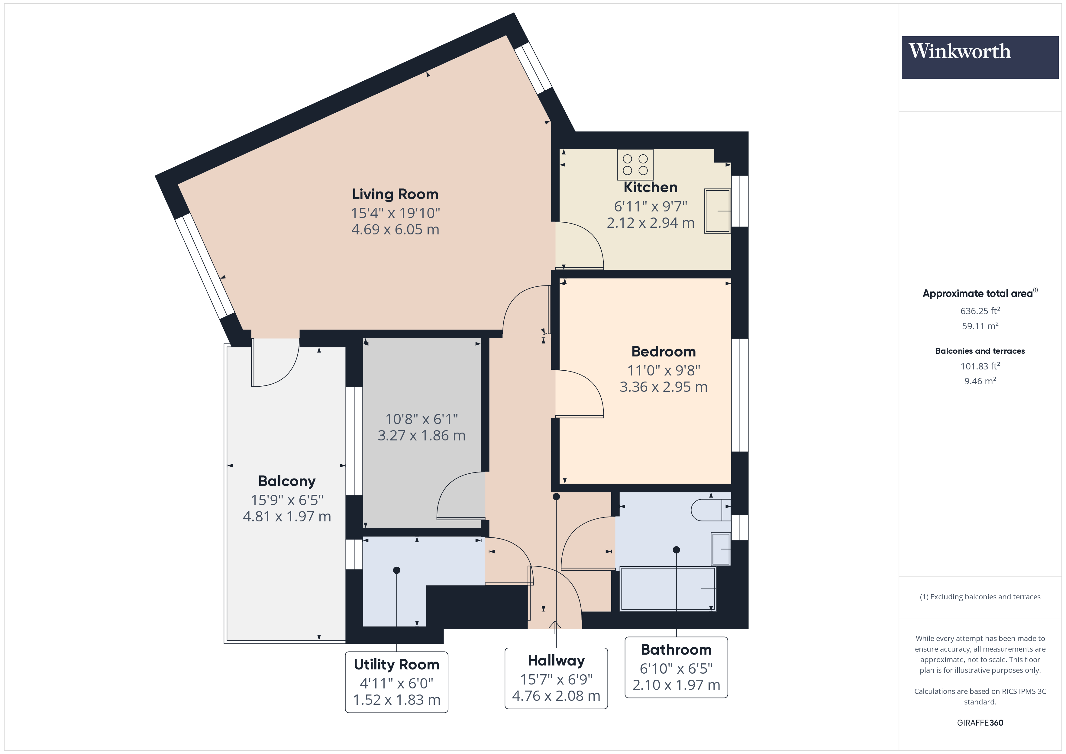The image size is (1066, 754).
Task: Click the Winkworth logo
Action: [x=979, y=57]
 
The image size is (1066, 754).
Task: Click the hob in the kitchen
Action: [x=635, y=165]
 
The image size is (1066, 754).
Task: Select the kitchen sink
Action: [x=717, y=211]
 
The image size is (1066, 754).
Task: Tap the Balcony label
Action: [x=286, y=481]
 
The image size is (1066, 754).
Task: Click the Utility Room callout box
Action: [x=396, y=681]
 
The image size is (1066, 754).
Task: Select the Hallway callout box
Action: [x=556, y=678]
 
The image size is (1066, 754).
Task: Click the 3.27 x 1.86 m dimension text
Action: [x=421, y=436]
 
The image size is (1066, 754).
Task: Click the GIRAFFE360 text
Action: [x=980, y=722]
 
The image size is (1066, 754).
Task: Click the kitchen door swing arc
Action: [x=585, y=241]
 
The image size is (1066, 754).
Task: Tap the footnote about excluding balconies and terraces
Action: [x=980, y=597]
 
